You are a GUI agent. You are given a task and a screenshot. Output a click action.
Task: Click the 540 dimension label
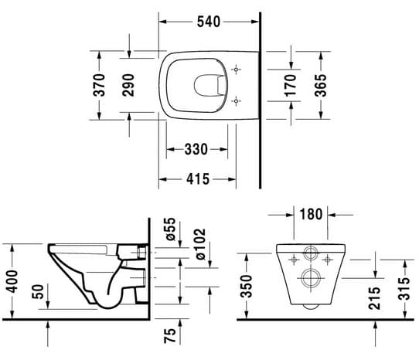209,22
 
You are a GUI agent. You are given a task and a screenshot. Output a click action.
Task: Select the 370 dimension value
99,85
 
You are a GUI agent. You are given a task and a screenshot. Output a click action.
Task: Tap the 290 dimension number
128,85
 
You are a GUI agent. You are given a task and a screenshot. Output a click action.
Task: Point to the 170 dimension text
290,86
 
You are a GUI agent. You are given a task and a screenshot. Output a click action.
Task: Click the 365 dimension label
320,85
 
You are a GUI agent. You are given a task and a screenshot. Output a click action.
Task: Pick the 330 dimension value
196,149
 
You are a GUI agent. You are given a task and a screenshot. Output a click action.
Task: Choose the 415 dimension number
198,178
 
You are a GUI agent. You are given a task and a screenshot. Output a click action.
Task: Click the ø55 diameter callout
170,229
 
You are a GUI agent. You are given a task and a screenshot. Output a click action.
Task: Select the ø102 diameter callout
200,244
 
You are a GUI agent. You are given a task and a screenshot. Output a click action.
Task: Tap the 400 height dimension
12,281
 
